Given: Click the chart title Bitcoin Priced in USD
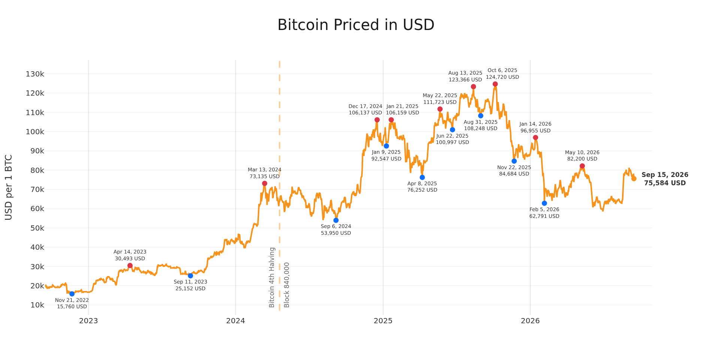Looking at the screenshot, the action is click(356, 25).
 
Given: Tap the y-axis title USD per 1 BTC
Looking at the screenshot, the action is click(9, 187).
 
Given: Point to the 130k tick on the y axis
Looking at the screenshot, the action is click(35, 74).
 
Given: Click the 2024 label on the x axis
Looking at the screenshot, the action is click(235, 321).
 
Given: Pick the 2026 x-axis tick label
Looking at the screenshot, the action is click(530, 321).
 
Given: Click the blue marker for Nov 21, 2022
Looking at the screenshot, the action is click(72, 294).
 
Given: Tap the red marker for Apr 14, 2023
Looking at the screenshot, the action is click(130, 265).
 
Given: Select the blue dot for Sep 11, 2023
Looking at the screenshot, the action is click(190, 276).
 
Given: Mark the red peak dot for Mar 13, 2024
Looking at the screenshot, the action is click(265, 183).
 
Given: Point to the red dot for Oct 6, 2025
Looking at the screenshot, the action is click(495, 84).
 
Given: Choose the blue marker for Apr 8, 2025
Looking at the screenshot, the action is click(422, 177).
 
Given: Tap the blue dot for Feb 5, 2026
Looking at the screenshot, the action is click(544, 203).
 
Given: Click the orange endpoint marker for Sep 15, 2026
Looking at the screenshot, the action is click(634, 178).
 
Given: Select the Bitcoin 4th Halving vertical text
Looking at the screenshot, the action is click(272, 277).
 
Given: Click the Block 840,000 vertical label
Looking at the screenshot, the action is click(287, 285).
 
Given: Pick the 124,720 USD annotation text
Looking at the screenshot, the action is click(503, 77).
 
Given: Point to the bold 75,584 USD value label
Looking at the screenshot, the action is click(665, 183).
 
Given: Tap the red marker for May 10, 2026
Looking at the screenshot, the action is click(582, 166).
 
